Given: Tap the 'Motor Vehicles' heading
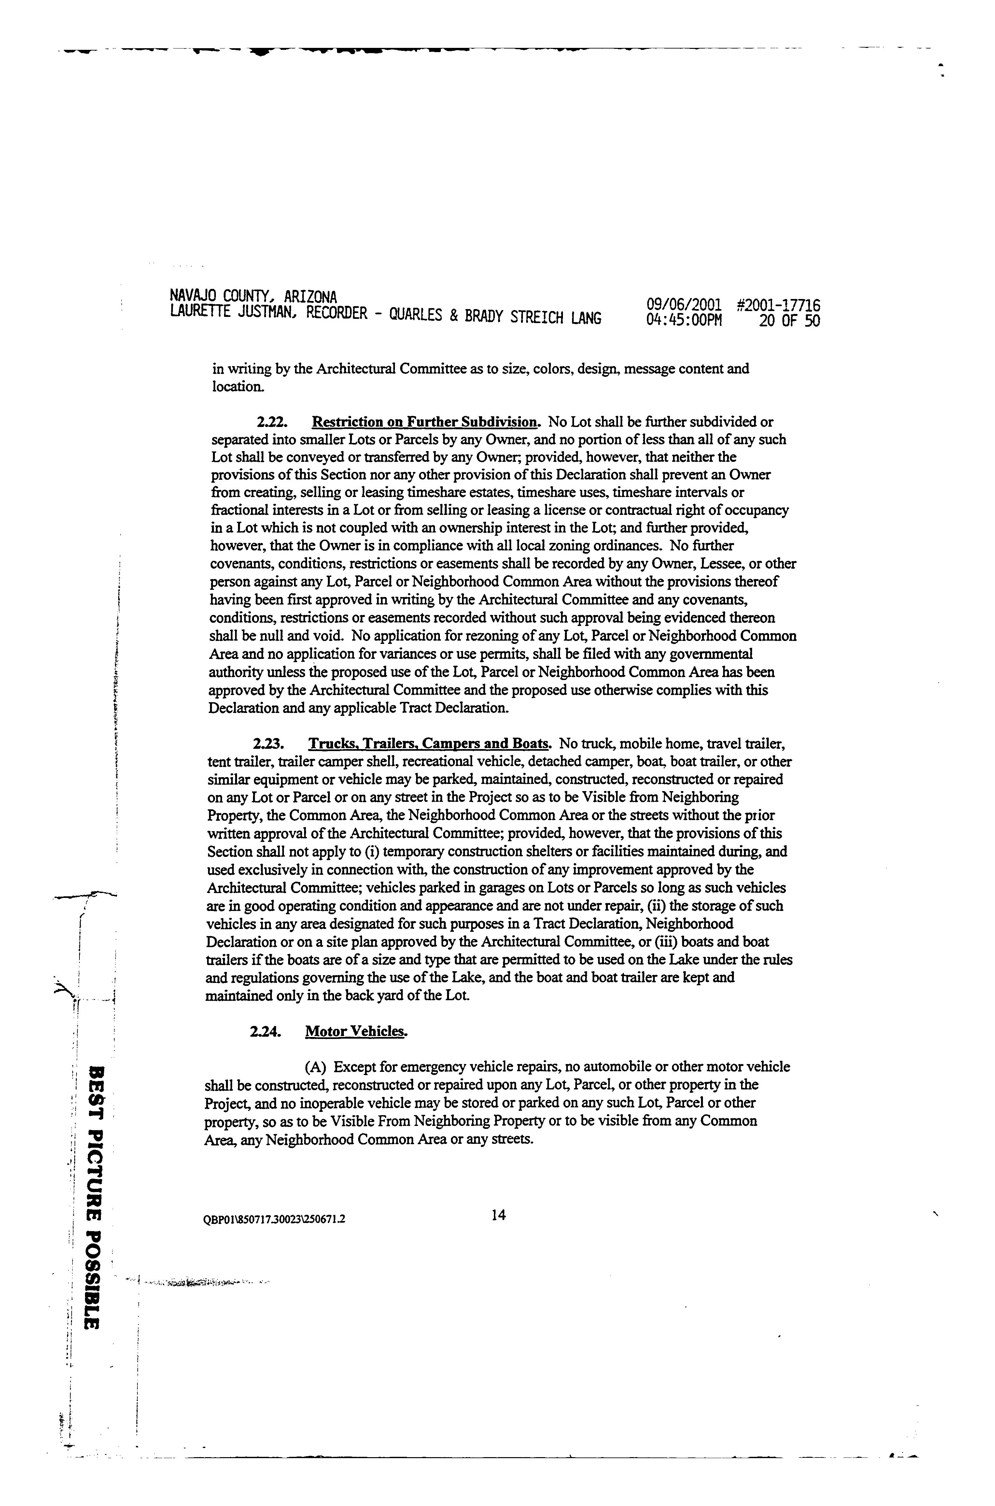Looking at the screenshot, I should point(355,1032).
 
